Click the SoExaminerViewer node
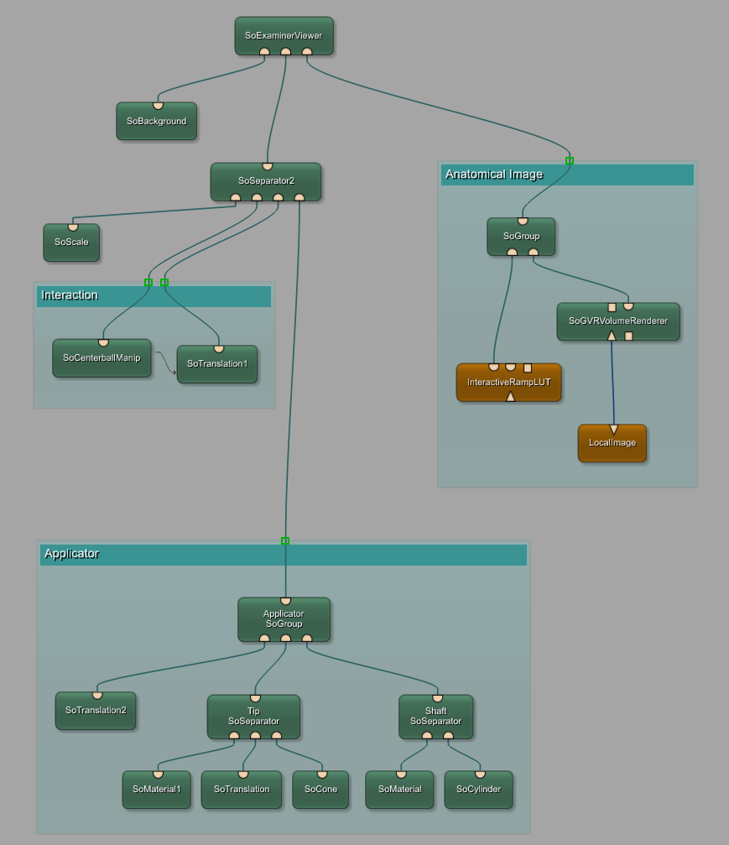(284, 36)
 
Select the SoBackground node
(156, 121)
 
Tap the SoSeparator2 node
(266, 180)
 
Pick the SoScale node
(71, 242)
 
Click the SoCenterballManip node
(102, 358)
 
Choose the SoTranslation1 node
(217, 364)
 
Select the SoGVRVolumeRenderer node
(618, 321)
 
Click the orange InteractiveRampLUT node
(508, 382)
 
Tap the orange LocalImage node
(612, 442)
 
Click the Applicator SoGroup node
(284, 618)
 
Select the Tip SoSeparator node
(253, 716)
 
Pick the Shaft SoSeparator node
(435, 716)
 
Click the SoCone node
(320, 789)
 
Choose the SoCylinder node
(478, 789)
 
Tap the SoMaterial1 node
(156, 789)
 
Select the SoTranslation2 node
(96, 710)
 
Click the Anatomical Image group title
(494, 175)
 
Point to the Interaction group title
(70, 295)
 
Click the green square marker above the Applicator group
(285, 540)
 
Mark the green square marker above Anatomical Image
(570, 160)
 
